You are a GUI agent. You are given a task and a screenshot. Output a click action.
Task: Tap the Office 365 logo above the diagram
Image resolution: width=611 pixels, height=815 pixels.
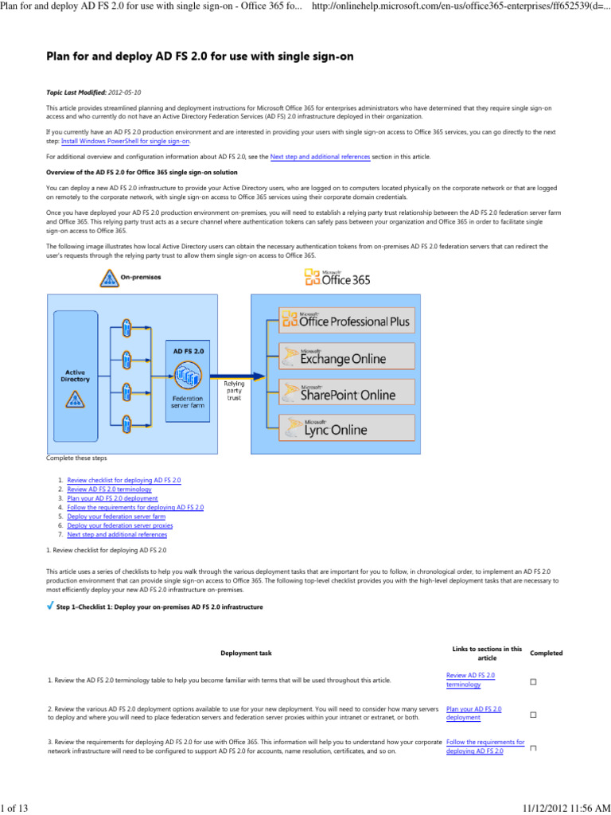tap(337, 278)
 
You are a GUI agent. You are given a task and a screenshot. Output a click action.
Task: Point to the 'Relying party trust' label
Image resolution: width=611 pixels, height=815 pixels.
tap(235, 389)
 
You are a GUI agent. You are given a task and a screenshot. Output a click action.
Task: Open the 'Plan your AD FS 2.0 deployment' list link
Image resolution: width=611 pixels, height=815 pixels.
tap(118, 498)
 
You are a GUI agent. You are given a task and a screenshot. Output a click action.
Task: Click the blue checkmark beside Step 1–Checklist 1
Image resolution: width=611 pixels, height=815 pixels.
tap(50, 606)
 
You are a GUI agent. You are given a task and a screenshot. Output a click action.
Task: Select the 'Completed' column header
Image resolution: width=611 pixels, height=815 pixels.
tap(546, 653)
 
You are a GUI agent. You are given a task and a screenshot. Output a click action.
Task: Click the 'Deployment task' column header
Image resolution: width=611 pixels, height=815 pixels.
tap(245, 653)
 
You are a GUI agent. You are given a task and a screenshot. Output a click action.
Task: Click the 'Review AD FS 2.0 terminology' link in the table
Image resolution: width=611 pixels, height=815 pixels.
tap(470, 680)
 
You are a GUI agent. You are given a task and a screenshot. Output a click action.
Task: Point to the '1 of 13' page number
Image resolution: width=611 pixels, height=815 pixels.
tap(14, 809)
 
